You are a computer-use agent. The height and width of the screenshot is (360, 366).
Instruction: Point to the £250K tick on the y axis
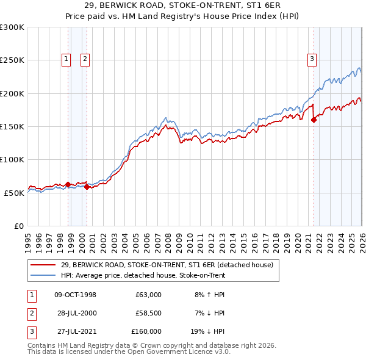pos(12,60)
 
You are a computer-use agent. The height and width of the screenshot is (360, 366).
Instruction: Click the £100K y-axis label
pos(12,159)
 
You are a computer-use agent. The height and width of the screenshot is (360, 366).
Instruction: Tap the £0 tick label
pos(18,226)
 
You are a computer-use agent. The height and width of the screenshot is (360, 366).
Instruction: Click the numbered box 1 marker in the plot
pos(66,59)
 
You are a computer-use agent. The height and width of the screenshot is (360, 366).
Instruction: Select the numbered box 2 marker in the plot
pos(85,59)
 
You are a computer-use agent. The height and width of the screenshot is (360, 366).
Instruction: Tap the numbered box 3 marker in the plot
pos(312,59)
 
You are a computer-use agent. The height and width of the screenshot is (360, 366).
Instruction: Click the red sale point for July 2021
pos(314,120)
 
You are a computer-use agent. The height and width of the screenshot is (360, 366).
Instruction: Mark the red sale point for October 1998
pos(68,184)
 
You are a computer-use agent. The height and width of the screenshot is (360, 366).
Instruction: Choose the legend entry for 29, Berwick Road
pos(170,265)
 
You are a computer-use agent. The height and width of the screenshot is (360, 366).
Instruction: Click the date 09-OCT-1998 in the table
pos(75,295)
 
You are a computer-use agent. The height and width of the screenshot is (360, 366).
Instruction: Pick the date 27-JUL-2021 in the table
pos(75,331)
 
